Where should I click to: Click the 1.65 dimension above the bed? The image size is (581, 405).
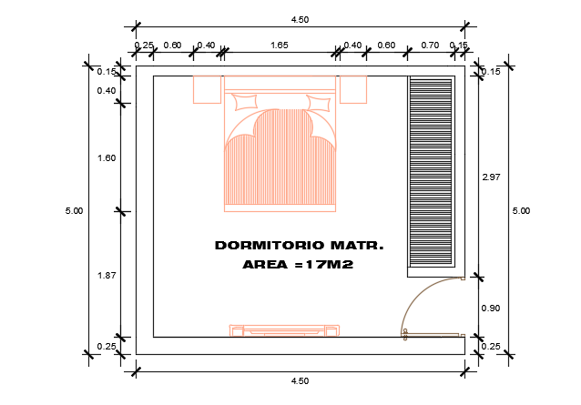[x=280, y=45]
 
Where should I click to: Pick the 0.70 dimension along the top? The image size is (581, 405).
[x=431, y=45]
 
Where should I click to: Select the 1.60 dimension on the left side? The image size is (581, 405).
[x=107, y=158]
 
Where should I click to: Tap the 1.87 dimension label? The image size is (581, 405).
[x=107, y=274]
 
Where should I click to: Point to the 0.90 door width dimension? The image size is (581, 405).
[x=491, y=308]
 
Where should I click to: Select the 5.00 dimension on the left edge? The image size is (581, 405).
[x=75, y=211]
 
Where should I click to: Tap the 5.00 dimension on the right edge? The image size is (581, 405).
[x=522, y=211]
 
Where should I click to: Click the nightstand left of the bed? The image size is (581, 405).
[x=208, y=89]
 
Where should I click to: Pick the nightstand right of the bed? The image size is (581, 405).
[x=352, y=89]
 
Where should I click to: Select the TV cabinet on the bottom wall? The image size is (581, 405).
[x=285, y=329]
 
